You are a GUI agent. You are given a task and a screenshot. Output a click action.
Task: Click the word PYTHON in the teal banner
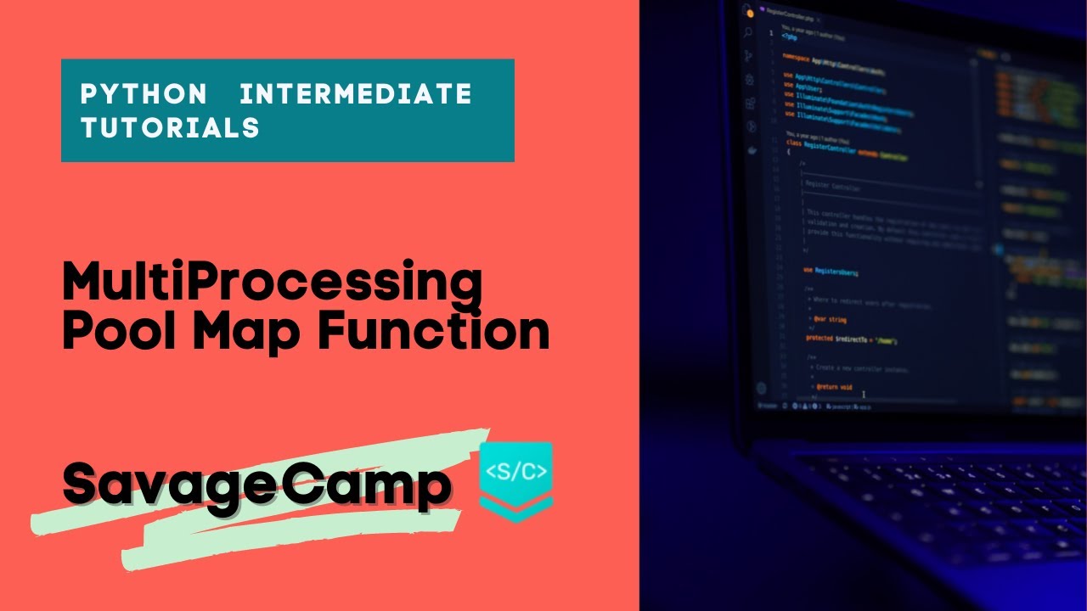click(x=143, y=93)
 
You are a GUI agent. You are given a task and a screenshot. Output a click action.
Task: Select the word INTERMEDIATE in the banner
click(x=356, y=93)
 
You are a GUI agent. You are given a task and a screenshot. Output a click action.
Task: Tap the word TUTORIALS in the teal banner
click(x=170, y=127)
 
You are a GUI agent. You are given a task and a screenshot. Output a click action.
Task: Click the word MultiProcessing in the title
click(x=272, y=284)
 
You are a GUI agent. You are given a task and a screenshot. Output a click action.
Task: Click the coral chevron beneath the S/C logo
click(x=515, y=509)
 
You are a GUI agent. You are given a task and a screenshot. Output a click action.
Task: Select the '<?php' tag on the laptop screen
click(x=789, y=37)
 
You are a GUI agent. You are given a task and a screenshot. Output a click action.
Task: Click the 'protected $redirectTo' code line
click(x=849, y=339)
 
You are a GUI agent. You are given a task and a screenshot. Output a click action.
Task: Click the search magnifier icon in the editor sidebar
click(x=747, y=33)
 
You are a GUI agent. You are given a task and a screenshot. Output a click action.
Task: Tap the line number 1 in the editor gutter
click(x=771, y=33)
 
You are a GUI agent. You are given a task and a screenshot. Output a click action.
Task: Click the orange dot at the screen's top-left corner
click(x=748, y=11)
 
